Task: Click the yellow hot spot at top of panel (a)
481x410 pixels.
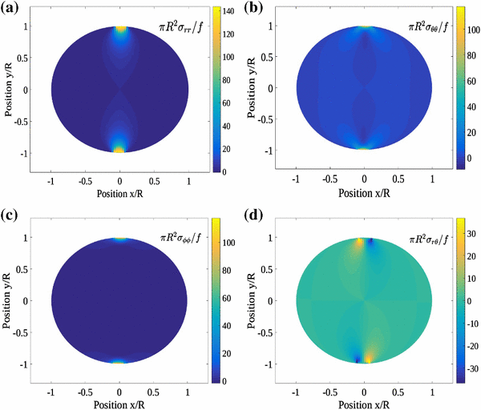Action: pos(120,29)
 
